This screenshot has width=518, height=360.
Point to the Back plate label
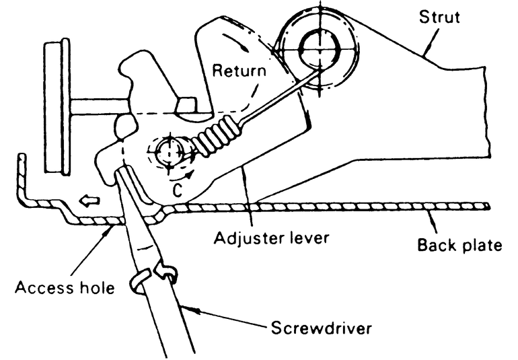459,245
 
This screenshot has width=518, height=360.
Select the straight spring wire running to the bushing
276,95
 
